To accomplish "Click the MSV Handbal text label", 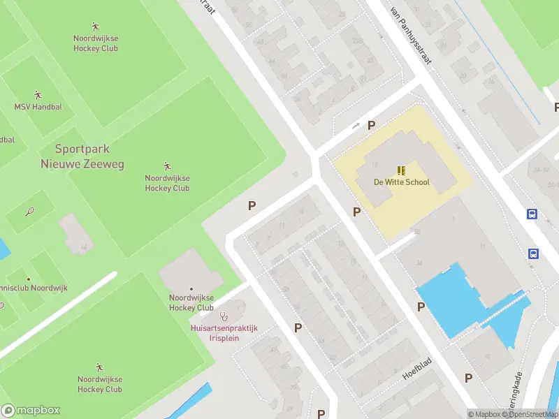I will pyautogui.click(x=38, y=107).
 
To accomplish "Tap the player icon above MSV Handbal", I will pyautogui.click(x=38, y=94).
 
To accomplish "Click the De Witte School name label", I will pyautogui.click(x=401, y=182).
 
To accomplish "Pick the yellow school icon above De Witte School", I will pyautogui.click(x=401, y=170).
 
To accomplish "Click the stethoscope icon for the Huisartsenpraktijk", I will pyautogui.click(x=224, y=316).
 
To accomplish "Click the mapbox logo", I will pyautogui.click(x=31, y=411).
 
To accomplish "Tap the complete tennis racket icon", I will pyautogui.click(x=29, y=211).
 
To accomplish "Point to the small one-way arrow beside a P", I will pyautogui.click(x=356, y=126).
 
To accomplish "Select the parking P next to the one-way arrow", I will pyautogui.click(x=372, y=126).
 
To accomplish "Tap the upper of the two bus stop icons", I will pyautogui.click(x=532, y=214).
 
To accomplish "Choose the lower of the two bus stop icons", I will pyautogui.click(x=532, y=253).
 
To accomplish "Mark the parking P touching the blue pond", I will pyautogui.click(x=421, y=307).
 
